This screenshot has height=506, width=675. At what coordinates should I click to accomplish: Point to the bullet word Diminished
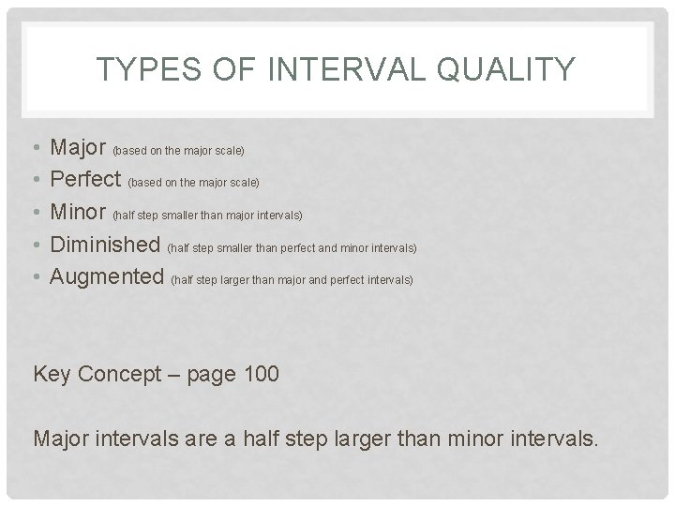(105, 246)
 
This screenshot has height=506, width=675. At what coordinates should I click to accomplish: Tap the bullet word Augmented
(107, 277)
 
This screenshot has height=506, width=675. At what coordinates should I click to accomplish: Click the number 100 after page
(260, 375)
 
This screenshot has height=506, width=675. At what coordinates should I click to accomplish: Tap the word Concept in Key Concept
(119, 375)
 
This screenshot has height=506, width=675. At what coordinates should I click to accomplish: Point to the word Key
(52, 375)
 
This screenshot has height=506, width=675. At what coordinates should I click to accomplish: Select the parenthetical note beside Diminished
(291, 248)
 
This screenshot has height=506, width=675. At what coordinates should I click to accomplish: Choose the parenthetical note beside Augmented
(291, 280)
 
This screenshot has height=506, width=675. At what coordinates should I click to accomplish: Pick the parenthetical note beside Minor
(207, 216)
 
